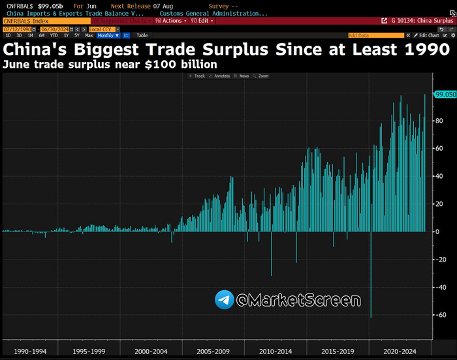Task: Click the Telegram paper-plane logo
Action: click(225, 300)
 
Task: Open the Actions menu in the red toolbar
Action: click(171, 21)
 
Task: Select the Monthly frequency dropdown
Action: click(108, 35)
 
